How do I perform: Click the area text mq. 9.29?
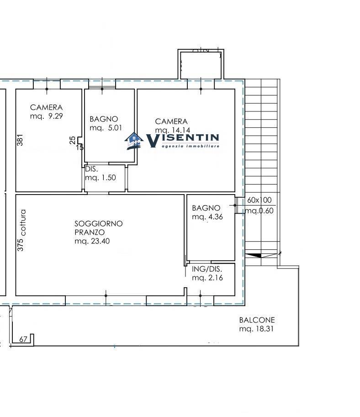click(46, 116)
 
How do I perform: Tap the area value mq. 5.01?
click(106, 128)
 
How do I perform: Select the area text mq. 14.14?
click(172, 130)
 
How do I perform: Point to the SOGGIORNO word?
click(98, 224)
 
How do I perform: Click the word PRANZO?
click(90, 232)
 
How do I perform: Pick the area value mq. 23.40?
click(92, 241)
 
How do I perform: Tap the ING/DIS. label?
click(207, 269)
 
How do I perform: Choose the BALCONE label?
click(257, 320)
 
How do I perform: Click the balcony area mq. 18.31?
click(256, 329)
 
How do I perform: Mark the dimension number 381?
click(20, 140)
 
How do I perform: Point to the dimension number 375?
click(20, 245)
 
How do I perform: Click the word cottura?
click(23, 222)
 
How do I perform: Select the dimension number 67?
click(23, 339)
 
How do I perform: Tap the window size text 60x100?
click(259, 200)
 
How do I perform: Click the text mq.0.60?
click(259, 211)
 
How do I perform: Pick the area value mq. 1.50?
click(101, 178)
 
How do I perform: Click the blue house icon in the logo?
click(134, 141)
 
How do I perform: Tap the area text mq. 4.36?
click(207, 217)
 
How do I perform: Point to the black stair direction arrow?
click(254, 256)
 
